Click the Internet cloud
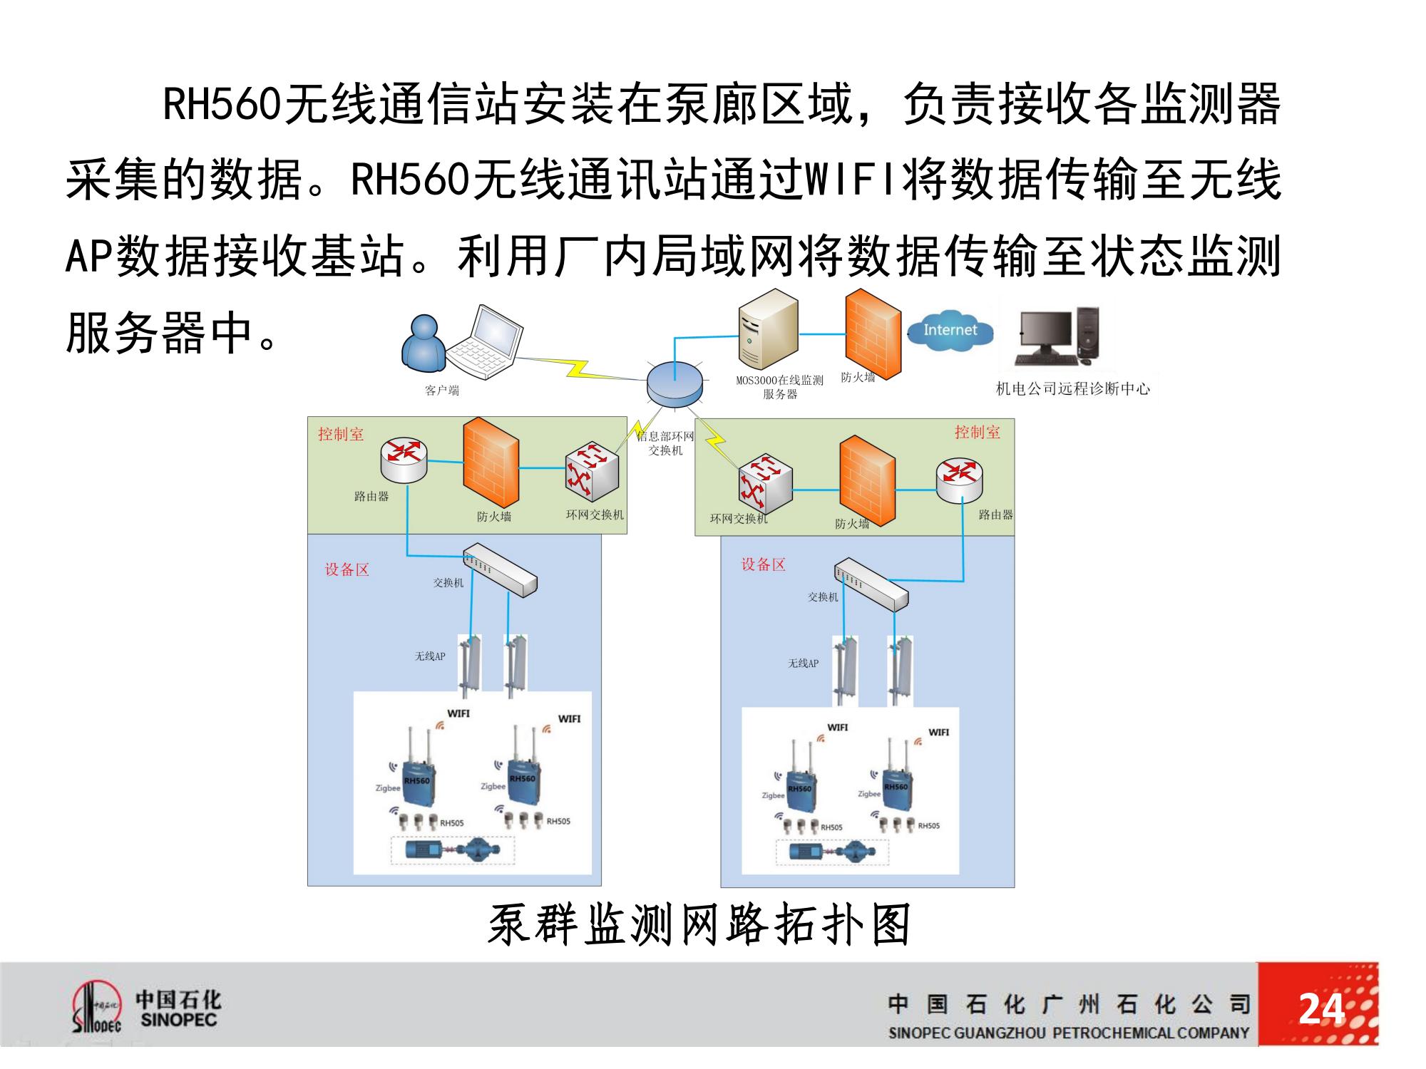coord(950,330)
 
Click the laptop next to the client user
coord(486,344)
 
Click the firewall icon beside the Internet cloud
coord(872,331)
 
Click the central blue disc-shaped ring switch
coord(674,385)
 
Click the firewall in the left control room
coord(491,463)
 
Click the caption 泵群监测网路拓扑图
coord(699,924)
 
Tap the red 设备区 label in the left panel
coord(347,569)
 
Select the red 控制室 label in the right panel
coord(977,432)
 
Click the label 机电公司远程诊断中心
coord(1072,389)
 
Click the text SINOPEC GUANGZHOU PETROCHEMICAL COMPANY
coord(1068,1033)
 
